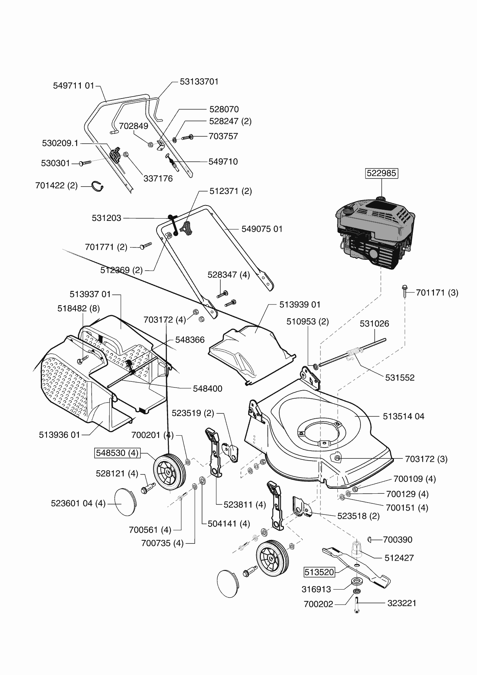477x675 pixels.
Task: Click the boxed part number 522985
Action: click(381, 173)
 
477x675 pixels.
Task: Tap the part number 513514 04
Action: click(404, 416)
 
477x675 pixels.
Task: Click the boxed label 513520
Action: click(319, 572)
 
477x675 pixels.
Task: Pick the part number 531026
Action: click(374, 324)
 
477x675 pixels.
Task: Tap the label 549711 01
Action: click(73, 85)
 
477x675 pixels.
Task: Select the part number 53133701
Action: click(199, 82)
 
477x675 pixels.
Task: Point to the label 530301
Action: click(55, 163)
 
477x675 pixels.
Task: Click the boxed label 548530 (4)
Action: click(117, 453)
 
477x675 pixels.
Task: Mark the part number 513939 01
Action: click(300, 305)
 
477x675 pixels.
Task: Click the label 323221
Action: click(402, 603)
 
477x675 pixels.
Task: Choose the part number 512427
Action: click(399, 558)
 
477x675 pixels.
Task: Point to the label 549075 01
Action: click(262, 229)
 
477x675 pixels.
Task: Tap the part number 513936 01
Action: click(59, 435)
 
